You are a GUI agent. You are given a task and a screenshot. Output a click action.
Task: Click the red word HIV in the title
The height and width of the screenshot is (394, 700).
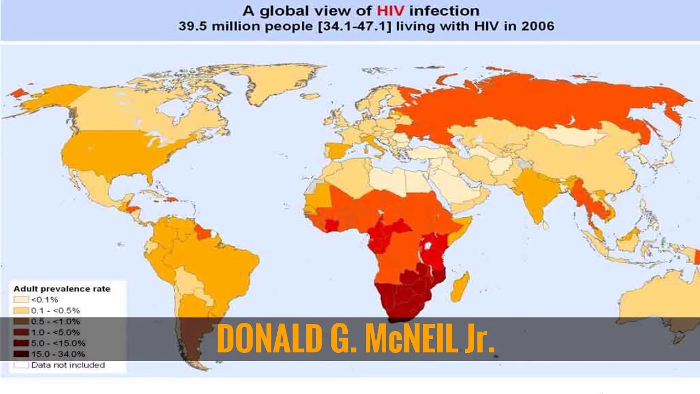pos(390,11)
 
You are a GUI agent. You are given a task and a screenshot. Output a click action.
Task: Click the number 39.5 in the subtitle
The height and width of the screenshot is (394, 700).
pos(192,26)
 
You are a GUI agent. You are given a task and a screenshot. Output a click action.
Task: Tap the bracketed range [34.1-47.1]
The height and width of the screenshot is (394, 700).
pos(354,26)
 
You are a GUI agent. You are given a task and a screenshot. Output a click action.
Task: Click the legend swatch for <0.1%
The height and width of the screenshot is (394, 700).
pos(21,300)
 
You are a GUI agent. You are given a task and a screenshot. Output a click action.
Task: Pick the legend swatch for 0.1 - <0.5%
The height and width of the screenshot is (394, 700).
pos(21,311)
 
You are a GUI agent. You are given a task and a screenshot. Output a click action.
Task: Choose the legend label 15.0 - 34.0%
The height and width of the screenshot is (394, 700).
pos(58,354)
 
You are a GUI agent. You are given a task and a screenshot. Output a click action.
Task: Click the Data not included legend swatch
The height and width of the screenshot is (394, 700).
pos(21,365)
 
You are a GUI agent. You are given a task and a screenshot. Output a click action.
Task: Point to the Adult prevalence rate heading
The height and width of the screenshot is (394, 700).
pos(62,289)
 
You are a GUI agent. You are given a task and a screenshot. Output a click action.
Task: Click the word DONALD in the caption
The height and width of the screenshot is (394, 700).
pos(270,339)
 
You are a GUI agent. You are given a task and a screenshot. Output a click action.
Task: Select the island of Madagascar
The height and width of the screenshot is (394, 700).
pos(460,287)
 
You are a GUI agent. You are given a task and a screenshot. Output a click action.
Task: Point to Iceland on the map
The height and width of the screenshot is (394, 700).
pos(312,96)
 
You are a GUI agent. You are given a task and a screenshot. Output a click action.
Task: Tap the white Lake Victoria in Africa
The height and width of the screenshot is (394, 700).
pos(428,246)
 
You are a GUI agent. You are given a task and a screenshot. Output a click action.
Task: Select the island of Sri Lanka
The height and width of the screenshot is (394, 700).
pos(545,225)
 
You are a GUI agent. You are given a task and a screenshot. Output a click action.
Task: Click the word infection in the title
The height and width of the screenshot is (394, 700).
pos(444,11)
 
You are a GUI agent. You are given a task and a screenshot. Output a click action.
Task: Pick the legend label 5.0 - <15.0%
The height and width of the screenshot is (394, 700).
pos(58,343)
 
